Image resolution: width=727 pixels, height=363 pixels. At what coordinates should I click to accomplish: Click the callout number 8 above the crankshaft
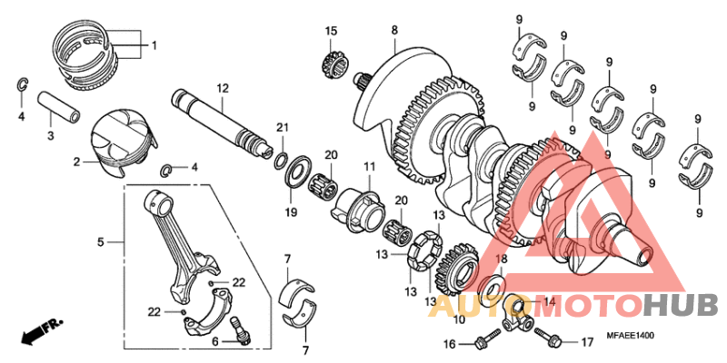click(394, 31)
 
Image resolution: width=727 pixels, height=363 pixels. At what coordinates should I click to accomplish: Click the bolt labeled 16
click(483, 341)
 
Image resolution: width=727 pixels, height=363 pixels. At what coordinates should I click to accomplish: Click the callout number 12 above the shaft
click(221, 87)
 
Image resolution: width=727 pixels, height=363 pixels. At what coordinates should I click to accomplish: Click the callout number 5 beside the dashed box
click(102, 242)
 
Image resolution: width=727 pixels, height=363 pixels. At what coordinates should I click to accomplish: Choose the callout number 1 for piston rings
click(154, 45)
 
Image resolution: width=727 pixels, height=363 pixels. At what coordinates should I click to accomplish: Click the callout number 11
click(370, 166)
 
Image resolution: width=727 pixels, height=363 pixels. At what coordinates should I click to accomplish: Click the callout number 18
click(501, 259)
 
